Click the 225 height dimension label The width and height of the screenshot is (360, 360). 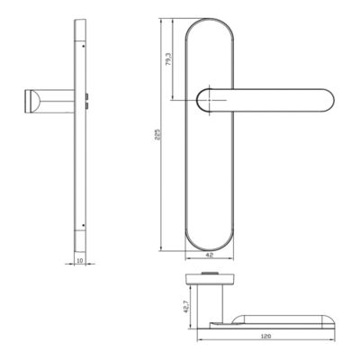coord(159,135)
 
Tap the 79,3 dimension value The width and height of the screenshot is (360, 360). coord(168,58)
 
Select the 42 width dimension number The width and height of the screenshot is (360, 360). coord(210,255)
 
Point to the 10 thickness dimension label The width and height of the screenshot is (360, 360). coord(79,260)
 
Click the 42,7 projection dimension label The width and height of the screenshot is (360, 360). coord(186,306)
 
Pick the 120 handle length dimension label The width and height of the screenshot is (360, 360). coord(265,337)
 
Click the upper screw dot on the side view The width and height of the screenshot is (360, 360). coord(83,46)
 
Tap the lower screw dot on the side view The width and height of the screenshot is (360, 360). coord(84,225)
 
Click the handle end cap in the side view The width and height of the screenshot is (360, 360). coord(31,101)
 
